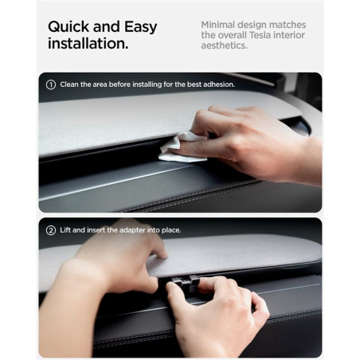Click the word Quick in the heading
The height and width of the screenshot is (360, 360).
pyautogui.click(x=68, y=27)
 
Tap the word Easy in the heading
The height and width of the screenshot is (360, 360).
pyautogui.click(x=141, y=28)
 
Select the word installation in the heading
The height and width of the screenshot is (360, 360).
pyautogui.click(x=87, y=43)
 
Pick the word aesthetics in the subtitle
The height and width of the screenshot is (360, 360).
pyautogui.click(x=224, y=45)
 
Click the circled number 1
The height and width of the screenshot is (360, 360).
pyautogui.click(x=51, y=84)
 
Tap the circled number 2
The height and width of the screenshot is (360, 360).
pyautogui.click(x=51, y=230)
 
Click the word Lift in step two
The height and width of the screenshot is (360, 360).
pyautogui.click(x=65, y=230)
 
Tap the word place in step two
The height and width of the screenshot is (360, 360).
pyautogui.click(x=171, y=230)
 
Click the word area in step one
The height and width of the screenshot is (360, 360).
pyautogui.click(x=100, y=84)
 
